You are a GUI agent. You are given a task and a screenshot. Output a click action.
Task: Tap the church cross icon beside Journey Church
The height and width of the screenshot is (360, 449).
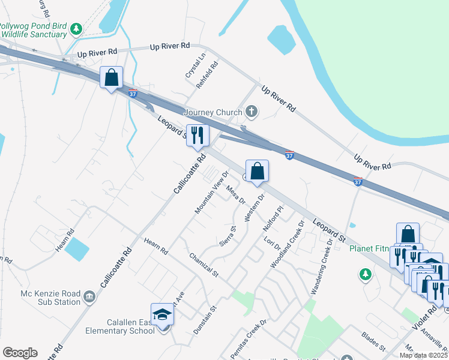[252, 112]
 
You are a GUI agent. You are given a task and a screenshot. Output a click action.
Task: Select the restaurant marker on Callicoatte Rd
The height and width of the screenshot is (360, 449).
[197, 136]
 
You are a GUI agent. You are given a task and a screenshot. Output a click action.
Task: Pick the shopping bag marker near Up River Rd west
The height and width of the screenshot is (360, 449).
[111, 78]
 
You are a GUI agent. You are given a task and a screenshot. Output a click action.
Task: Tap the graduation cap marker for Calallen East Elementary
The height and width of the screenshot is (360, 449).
[162, 314]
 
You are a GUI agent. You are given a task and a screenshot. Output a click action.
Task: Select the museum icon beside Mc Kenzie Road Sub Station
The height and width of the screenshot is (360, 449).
[89, 296]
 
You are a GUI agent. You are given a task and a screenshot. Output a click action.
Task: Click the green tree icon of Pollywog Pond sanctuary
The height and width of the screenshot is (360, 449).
[76, 28]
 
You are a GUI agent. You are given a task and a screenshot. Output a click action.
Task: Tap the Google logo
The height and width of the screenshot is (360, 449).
[20, 353]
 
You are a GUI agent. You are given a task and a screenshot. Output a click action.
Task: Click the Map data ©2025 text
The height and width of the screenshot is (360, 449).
[423, 355]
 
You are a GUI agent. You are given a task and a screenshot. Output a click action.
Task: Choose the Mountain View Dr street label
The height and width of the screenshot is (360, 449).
[208, 191]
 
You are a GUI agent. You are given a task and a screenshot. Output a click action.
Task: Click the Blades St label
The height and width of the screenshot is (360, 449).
[374, 340]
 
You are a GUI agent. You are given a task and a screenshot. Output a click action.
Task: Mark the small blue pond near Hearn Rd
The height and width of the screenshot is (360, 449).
[77, 249]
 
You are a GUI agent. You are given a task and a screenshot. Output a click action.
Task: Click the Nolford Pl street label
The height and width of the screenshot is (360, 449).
[272, 220]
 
